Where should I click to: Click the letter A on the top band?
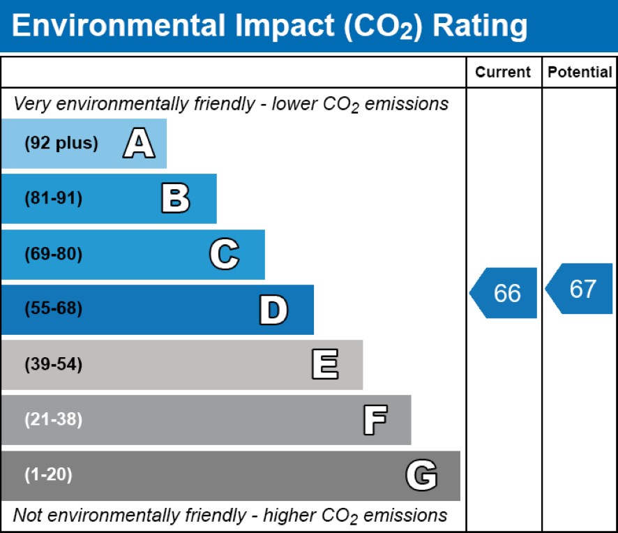[x=139, y=143]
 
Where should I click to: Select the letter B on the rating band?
[x=176, y=198]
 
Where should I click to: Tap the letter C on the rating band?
[x=225, y=253]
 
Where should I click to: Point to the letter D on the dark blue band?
[x=273, y=310]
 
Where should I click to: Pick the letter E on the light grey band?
[x=325, y=364]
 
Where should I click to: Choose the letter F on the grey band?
[x=375, y=420]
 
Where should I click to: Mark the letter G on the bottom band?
[x=421, y=475]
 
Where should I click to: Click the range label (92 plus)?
[x=61, y=143]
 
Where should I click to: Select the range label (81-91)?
[x=54, y=198]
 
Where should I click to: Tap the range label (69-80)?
[x=54, y=254]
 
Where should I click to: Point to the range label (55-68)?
[x=54, y=308]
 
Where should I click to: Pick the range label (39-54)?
[x=54, y=364]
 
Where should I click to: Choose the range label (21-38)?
[x=54, y=419]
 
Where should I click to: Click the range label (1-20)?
[x=49, y=474]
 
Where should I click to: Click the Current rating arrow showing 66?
[x=504, y=293]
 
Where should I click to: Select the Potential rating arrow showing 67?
[x=579, y=289]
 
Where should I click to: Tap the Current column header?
[x=503, y=72]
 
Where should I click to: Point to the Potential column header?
[x=580, y=72]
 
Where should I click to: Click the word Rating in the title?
[x=480, y=27]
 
